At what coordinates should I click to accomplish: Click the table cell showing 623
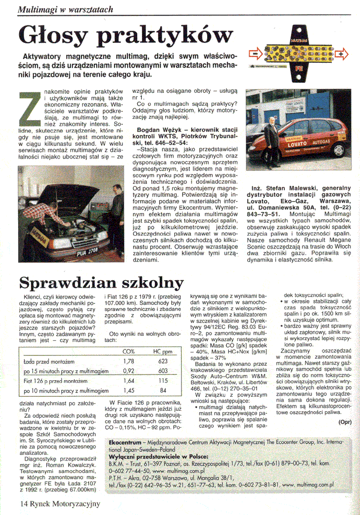163,362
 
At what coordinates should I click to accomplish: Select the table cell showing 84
163,391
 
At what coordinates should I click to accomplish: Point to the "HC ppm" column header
162,352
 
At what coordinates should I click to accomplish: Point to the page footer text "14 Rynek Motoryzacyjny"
60,504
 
